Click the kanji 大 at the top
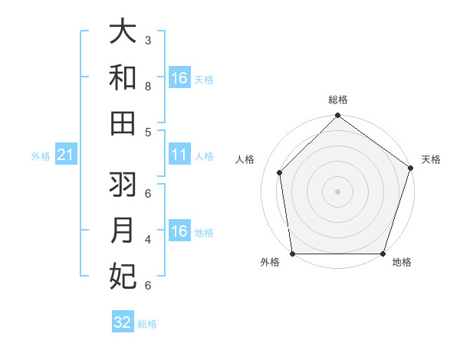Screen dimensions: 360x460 (x=123, y=32)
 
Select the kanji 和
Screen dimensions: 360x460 (x=123, y=77)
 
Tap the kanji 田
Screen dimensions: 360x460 (x=123, y=124)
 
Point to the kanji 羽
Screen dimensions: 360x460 (x=123, y=185)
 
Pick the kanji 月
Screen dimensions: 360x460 (x=123, y=231)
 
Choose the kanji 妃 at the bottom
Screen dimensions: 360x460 (x=123, y=277)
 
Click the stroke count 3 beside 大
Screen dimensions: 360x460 (x=147, y=40)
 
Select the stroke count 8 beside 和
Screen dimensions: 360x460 (x=147, y=86)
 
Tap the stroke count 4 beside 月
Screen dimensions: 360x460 (x=147, y=239)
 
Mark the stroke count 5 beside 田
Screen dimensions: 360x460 (x=147, y=132)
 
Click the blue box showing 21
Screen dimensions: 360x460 (x=65, y=155)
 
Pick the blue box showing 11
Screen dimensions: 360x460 (x=179, y=155)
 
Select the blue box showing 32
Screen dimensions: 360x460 (x=123, y=322)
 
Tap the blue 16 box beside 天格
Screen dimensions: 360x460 (x=179, y=78)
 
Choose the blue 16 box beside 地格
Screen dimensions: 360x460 (x=179, y=231)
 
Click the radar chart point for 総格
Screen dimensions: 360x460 (x=337, y=116)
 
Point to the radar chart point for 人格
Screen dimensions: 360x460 (x=280, y=172)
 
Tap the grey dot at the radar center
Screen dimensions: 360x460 (x=337, y=191)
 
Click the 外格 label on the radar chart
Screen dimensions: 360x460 (x=270, y=263)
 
